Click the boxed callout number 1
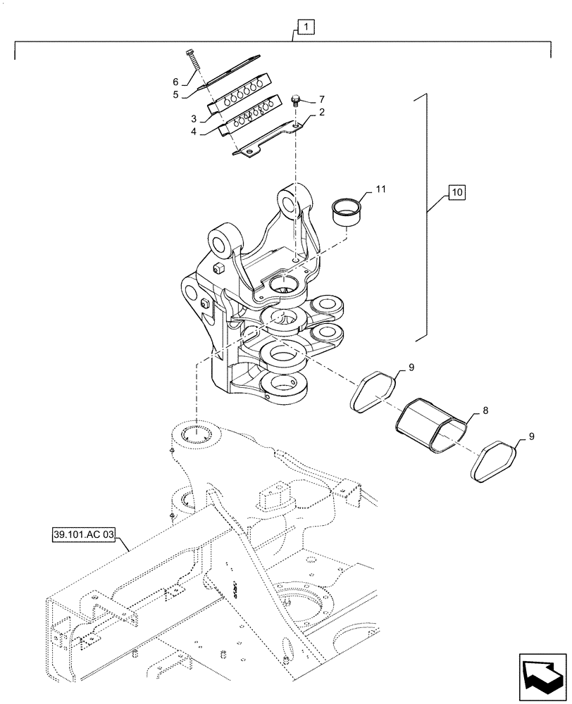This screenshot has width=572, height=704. (306, 27)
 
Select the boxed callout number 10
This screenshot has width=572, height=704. (456, 191)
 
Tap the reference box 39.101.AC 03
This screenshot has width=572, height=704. (82, 534)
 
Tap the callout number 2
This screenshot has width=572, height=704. (321, 113)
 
